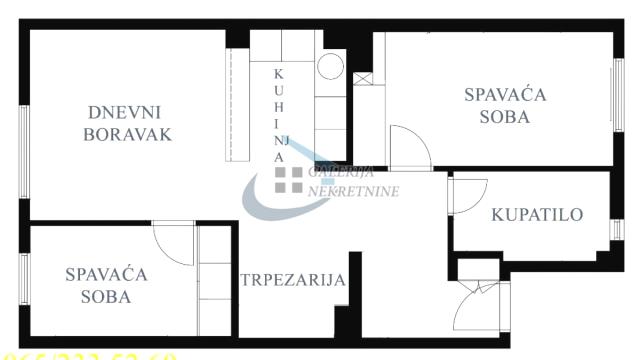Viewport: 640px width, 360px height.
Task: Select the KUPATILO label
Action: pyautogui.click(x=537, y=214)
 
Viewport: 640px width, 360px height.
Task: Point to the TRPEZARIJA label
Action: pyautogui.click(x=293, y=280)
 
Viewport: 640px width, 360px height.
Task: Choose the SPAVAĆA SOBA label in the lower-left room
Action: pyautogui.click(x=106, y=284)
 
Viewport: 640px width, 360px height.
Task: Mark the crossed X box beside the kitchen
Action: pyautogui.click(x=362, y=77)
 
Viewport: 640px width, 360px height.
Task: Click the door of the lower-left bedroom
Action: pyautogui.click(x=174, y=243)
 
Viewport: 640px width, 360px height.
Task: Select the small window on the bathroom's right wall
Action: pyautogui.click(x=616, y=229)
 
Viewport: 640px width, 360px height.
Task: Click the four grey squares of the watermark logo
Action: pyautogui.click(x=289, y=179)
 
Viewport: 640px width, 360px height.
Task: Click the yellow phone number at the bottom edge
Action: pyautogui.click(x=90, y=354)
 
